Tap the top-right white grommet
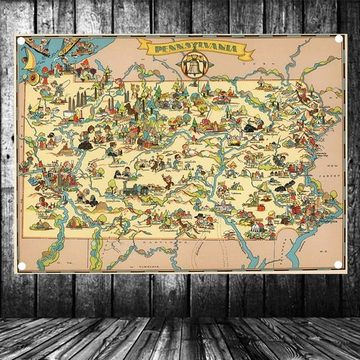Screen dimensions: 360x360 click(339, 39)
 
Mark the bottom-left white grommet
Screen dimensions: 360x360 click(22, 266)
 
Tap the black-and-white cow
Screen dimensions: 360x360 click(250, 127)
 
